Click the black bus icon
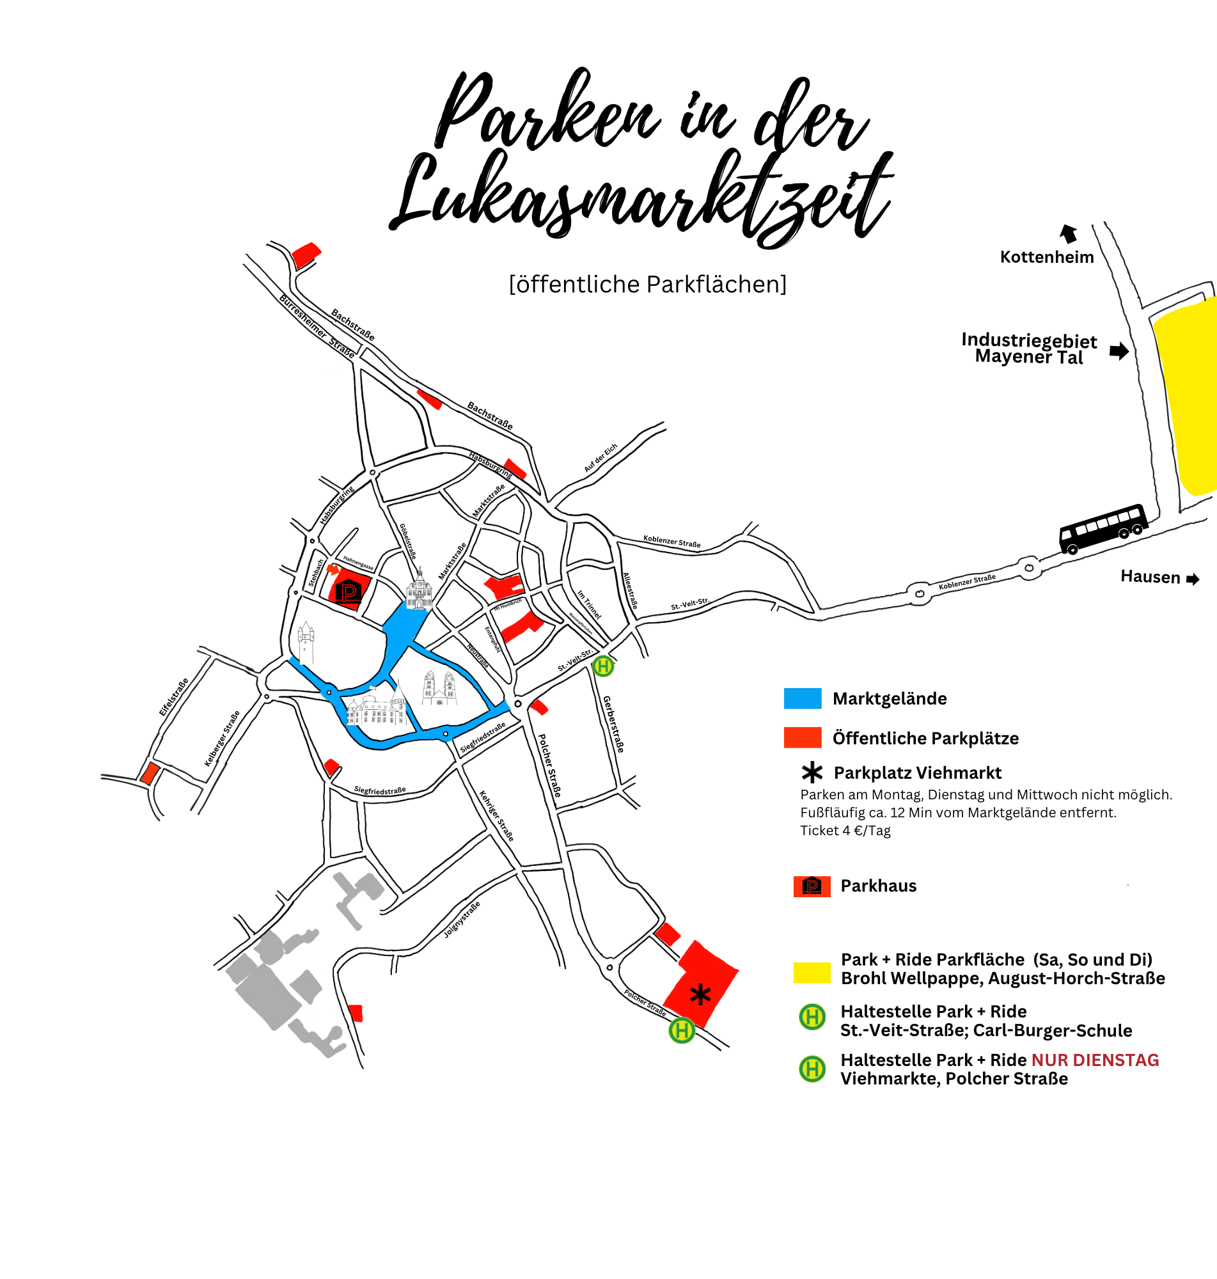coord(1103,529)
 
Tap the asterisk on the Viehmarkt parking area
coord(701,995)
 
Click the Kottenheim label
coord(1046,258)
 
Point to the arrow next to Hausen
coord(1192,579)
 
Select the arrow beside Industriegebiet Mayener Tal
coord(1119,352)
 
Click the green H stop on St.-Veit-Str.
coord(602,666)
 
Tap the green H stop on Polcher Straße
coord(682,1030)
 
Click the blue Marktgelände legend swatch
coord(803,698)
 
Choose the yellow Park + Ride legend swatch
coord(812,973)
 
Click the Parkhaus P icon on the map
coord(349,592)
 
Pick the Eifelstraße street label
coord(174,697)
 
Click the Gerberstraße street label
coord(613,724)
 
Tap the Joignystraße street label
coord(462,920)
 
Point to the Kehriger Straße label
coord(496,816)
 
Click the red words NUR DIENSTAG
coord(1095,1060)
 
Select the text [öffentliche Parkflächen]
coord(647,284)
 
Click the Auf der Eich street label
coord(600,459)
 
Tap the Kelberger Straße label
coord(222,739)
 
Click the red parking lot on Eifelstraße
coord(150,774)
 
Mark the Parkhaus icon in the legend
coord(812,886)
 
